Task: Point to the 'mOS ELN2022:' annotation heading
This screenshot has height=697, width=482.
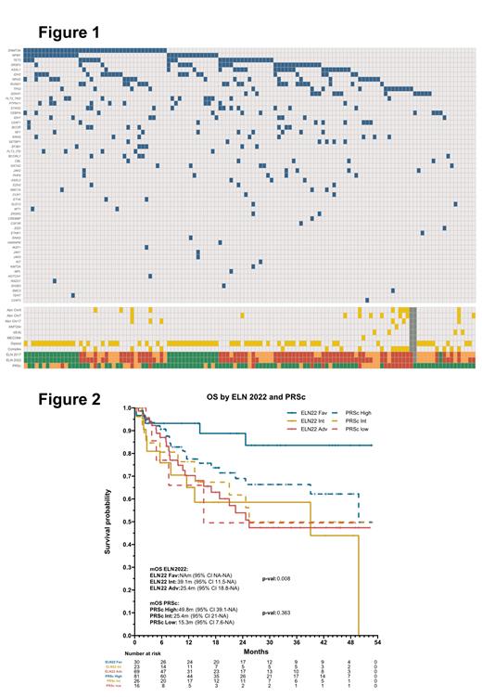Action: [x=169, y=565]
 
